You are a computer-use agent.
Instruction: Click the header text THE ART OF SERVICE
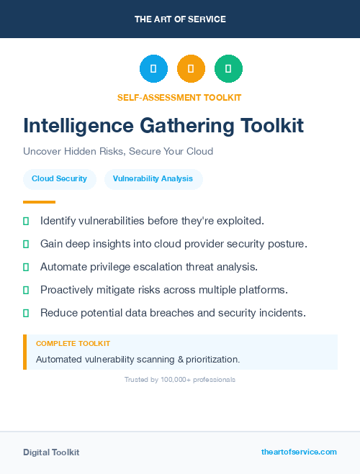click(x=180, y=19)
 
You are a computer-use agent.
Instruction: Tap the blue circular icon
click(x=153, y=69)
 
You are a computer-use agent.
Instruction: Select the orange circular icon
click(x=191, y=69)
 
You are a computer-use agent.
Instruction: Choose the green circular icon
click(x=228, y=69)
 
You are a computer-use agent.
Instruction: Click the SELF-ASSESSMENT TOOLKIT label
click(x=179, y=97)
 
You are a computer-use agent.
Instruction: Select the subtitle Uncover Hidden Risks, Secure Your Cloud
click(x=118, y=152)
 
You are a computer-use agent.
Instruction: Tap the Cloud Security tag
click(x=59, y=179)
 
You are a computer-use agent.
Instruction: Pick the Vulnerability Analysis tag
click(x=153, y=179)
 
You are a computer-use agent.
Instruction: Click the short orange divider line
click(x=39, y=202)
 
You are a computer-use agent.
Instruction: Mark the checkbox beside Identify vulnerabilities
click(x=26, y=221)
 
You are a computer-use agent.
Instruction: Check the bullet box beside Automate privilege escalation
click(x=26, y=267)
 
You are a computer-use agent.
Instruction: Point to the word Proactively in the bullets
click(x=70, y=290)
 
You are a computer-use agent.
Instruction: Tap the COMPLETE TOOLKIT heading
click(x=73, y=344)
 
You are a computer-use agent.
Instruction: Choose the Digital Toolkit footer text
click(x=51, y=452)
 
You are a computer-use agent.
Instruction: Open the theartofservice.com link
click(x=299, y=452)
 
